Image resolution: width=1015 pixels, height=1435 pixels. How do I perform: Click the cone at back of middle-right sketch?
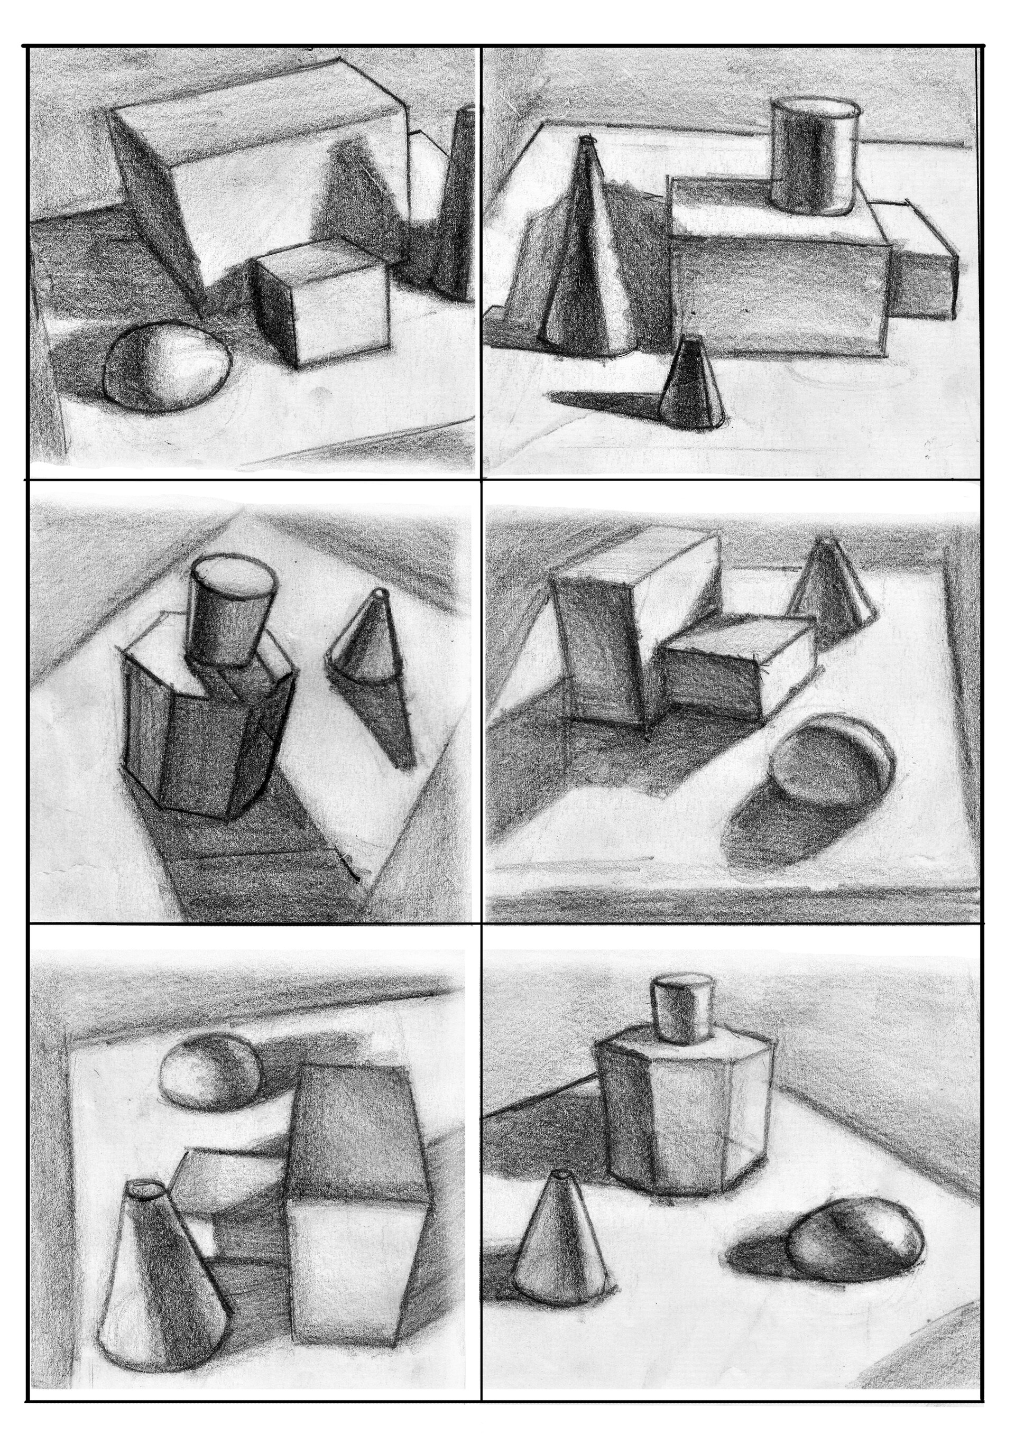[x=826, y=590]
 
